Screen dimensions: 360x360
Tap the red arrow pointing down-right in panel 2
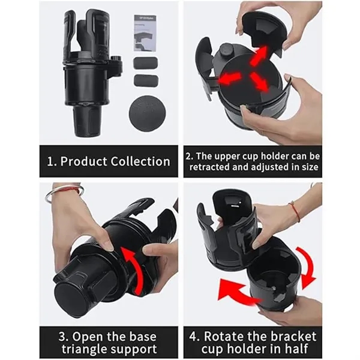click(259, 82)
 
